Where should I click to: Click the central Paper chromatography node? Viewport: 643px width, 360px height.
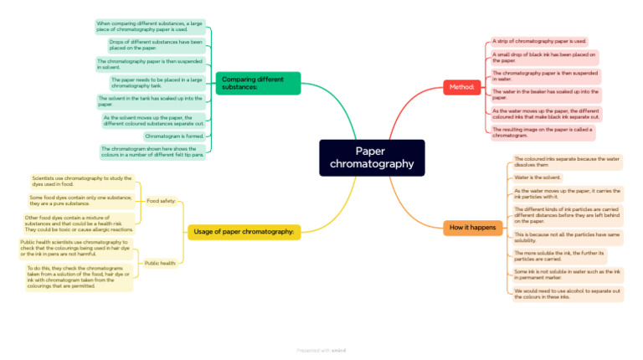click(372, 157)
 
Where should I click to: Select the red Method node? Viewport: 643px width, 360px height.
click(460, 87)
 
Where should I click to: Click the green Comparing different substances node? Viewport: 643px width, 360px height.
click(258, 83)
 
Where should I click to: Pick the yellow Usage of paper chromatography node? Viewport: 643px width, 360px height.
click(243, 231)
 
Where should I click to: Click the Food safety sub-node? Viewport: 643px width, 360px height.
click(161, 201)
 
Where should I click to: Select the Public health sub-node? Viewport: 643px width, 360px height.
click(159, 263)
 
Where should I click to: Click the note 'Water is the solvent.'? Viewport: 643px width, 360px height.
click(538, 177)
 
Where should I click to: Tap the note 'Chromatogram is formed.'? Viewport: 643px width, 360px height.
click(173, 136)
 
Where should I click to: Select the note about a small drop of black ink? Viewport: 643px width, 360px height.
click(544, 57)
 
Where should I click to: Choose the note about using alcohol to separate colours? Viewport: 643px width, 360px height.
click(567, 293)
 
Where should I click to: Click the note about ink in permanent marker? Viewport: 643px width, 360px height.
click(567, 274)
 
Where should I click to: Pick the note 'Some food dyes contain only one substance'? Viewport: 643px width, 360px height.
click(80, 200)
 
